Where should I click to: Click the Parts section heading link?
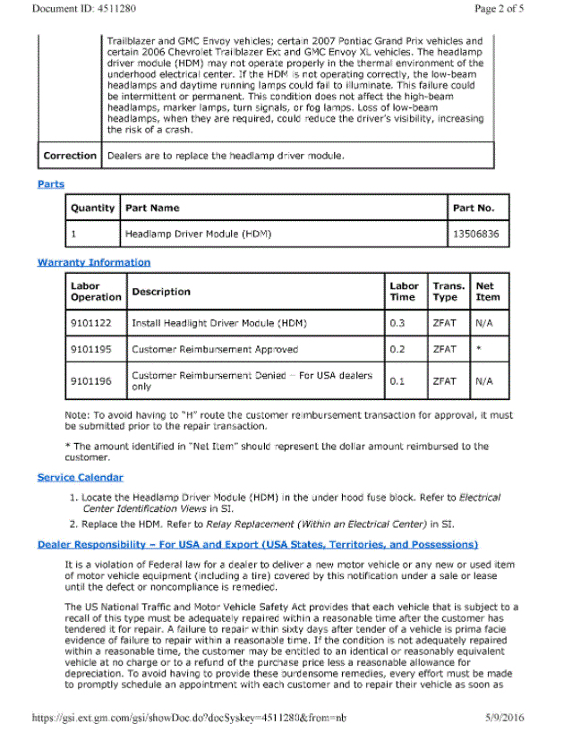point(51,184)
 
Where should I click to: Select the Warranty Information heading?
point(94,262)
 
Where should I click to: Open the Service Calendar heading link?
point(80,477)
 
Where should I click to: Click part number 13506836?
point(475,234)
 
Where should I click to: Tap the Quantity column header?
point(92,208)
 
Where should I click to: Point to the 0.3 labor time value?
point(397,321)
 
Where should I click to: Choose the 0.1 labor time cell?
point(397,380)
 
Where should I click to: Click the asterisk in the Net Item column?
point(479,349)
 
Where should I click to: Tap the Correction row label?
point(70,156)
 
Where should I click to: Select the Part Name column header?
point(152,208)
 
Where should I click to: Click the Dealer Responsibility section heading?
point(258,544)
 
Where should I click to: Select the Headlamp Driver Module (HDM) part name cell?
point(198,234)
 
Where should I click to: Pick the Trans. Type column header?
point(448,292)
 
